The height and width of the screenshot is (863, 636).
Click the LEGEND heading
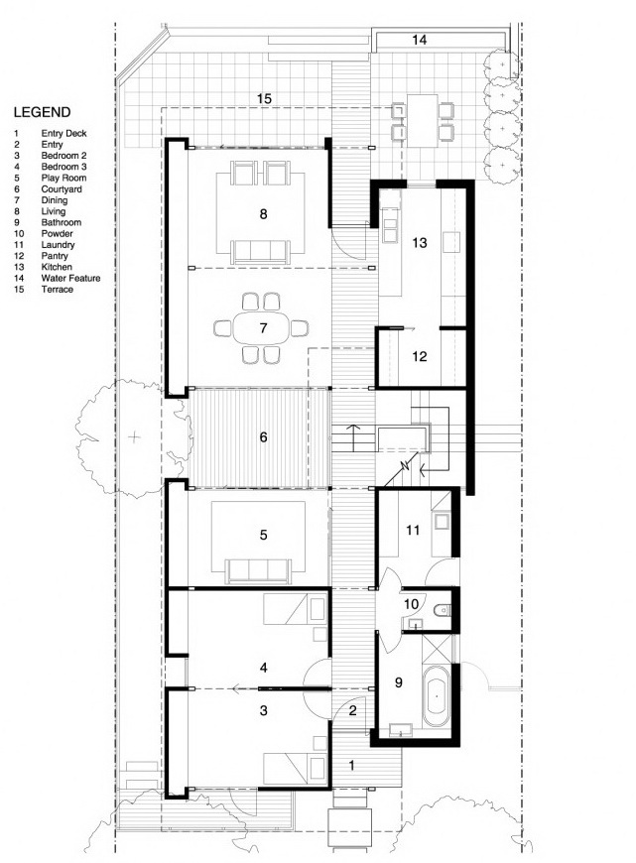42,112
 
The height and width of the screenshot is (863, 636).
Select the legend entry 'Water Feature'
70,278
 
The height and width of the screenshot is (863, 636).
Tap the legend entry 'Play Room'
64,178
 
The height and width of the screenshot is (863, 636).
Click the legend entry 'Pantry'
55,256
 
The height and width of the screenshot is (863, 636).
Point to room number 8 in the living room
263,213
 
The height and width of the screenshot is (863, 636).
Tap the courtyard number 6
263,437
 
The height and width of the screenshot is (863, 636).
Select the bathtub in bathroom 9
437,696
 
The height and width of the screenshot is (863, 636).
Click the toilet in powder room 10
443,610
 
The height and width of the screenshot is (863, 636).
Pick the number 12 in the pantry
419,356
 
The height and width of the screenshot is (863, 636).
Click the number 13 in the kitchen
419,243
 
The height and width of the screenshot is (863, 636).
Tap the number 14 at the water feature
419,40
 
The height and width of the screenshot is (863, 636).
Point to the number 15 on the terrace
264,98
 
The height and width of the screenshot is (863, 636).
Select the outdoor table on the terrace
423,121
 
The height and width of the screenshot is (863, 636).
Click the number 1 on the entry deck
352,765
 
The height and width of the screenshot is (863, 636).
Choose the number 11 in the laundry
413,530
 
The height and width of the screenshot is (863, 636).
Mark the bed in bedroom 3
295,769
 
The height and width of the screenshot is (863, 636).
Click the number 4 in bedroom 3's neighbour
263,668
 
